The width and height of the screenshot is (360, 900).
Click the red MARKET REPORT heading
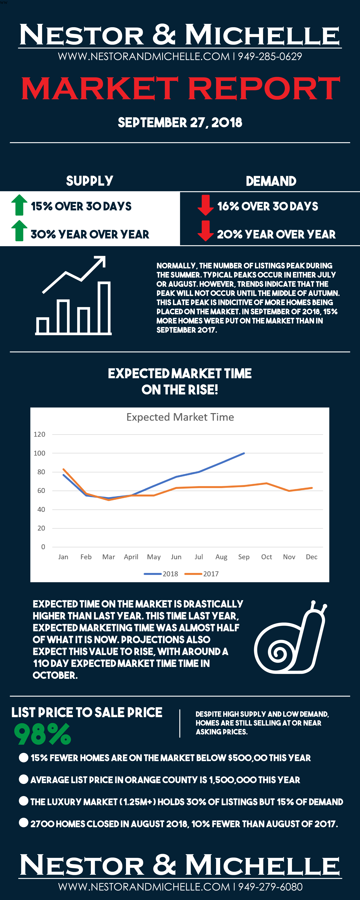coord(180,88)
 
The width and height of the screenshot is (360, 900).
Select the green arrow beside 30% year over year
coord(19,231)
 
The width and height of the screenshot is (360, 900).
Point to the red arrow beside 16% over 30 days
coord(206,205)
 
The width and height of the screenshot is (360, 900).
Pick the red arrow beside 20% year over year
coord(206,231)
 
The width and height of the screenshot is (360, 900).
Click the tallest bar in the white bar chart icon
coord(104,307)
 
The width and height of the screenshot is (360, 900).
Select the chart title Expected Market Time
coord(180,417)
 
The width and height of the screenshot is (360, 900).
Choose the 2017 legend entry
coord(201,574)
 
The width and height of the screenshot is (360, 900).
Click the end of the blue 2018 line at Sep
coord(244,453)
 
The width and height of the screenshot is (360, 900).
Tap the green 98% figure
coord(42,734)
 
